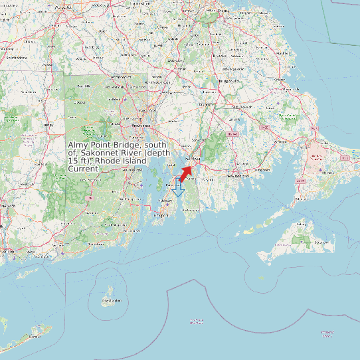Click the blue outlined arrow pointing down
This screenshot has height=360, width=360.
pos(177,189)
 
